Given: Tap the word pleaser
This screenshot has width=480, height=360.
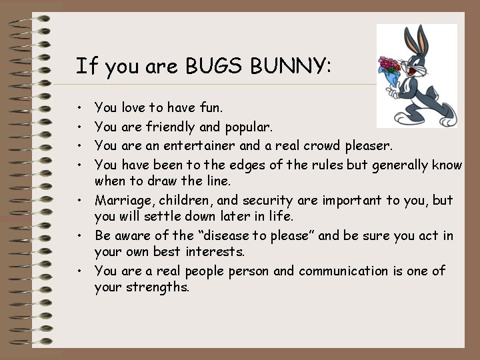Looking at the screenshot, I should [x=371, y=145].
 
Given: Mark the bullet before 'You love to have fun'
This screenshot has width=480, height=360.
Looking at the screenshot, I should [x=79, y=107].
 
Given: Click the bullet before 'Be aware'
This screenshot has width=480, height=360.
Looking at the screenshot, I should [x=79, y=236].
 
